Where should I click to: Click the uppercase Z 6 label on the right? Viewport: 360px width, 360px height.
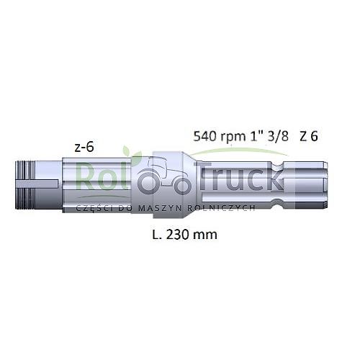[x=310, y=135]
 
